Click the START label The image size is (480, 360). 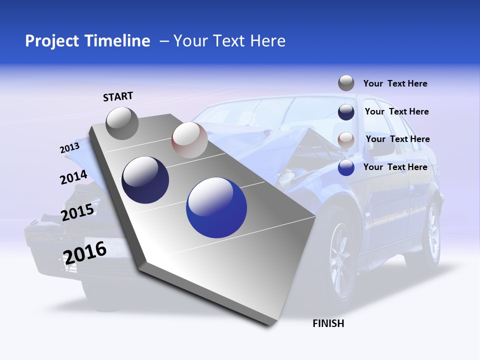pos(118,96)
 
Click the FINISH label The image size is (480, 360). pos(328,323)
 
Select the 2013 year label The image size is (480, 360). pos(69,148)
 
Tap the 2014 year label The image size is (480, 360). pos(73,177)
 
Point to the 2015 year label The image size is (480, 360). pos(77,212)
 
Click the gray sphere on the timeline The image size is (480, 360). pos(122,123)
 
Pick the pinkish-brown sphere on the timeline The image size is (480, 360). pos(189,140)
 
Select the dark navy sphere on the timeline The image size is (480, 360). pos(145,180)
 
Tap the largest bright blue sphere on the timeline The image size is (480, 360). pos(216,208)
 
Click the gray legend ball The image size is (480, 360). pos(346,83)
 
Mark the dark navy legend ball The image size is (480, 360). pos(346,112)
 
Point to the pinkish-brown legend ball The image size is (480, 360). pos(346,139)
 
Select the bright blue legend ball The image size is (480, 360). pos(346,167)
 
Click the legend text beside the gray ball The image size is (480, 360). pos(395,83)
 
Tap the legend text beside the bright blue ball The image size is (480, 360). pos(395,167)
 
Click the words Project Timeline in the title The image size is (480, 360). pos(87,41)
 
